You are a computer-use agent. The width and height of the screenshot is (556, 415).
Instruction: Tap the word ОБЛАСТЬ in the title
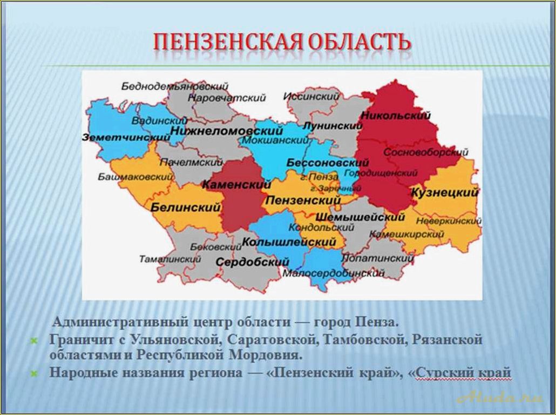click(358, 42)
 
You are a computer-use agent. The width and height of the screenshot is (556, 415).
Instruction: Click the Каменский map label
click(236, 185)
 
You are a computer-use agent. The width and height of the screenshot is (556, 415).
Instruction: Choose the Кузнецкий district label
click(445, 193)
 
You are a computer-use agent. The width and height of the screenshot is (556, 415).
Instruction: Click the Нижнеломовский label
click(227, 131)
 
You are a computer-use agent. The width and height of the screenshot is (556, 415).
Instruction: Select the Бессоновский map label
click(328, 162)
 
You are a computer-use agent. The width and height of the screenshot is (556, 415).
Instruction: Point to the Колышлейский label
click(289, 242)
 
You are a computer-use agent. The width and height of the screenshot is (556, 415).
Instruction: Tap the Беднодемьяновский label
click(175, 86)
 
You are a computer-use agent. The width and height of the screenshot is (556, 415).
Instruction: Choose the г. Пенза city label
click(320, 177)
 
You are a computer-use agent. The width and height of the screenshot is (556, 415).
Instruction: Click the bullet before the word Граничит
click(33, 341)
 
